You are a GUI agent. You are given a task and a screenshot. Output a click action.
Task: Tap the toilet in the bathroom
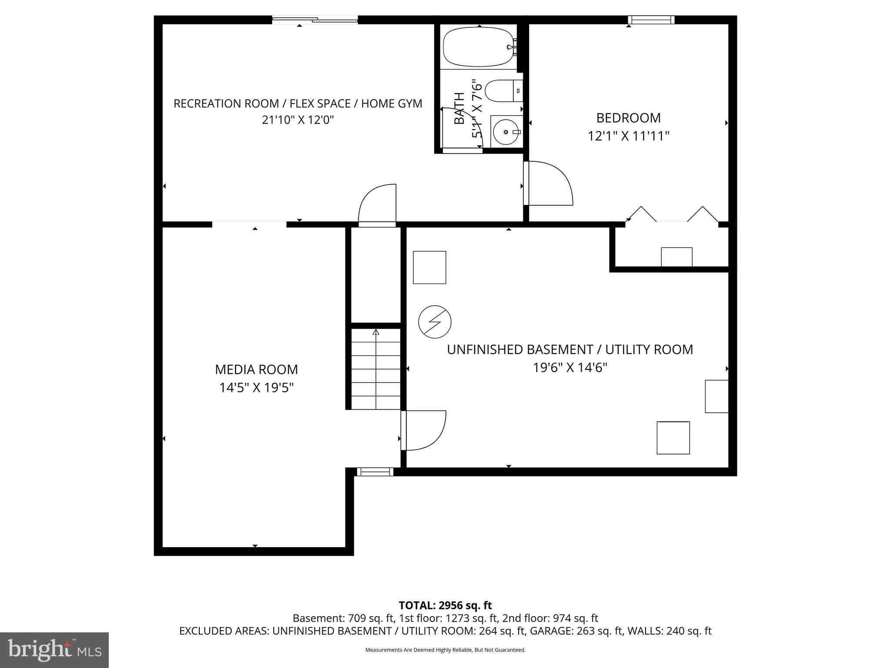point(500,90)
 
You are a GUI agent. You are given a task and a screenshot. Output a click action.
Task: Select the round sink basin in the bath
point(505,131)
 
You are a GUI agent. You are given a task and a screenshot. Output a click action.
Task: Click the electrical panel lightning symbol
point(435,322)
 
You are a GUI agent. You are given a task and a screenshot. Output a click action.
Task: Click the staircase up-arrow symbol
point(376,332)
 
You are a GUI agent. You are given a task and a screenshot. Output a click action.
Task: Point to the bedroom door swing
point(549,183)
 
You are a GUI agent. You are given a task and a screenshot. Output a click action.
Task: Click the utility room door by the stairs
point(423,430)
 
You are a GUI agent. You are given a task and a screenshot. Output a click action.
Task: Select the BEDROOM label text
point(628,118)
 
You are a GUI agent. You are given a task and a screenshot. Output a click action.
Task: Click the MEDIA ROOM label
point(256,369)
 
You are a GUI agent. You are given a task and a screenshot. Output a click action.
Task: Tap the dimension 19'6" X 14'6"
point(570,368)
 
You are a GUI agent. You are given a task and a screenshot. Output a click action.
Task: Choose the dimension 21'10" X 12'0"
point(298,120)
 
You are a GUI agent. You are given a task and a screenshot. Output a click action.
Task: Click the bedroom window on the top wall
point(651,20)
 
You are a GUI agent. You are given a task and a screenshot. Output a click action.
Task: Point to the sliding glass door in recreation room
point(315,19)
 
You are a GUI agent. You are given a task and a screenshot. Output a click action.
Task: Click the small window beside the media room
point(375,472)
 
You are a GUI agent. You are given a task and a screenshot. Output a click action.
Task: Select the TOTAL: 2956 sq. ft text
point(445,605)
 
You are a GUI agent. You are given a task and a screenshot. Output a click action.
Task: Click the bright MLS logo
point(54,650)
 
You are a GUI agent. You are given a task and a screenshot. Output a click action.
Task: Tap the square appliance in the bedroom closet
point(677,257)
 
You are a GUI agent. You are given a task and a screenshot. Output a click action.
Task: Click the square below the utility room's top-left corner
point(429,267)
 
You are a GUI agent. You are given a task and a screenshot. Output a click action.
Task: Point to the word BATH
point(459,108)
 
